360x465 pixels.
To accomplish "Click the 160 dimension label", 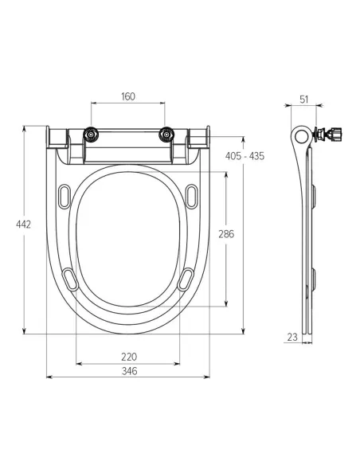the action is tap(128, 96).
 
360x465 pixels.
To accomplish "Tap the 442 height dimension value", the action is tap(23, 225).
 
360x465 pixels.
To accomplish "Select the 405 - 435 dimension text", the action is tap(245, 156).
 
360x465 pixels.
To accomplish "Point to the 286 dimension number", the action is tap(226, 234).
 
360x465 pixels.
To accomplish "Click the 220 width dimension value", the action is tap(129, 357).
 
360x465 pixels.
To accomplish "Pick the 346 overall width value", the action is tap(130, 371).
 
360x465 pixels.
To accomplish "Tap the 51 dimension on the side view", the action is tap(304, 100).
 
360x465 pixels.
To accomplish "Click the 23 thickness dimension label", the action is tap(292, 337).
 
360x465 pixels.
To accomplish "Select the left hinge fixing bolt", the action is tap(91, 135).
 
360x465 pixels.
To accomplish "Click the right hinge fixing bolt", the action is tap(166, 135).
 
